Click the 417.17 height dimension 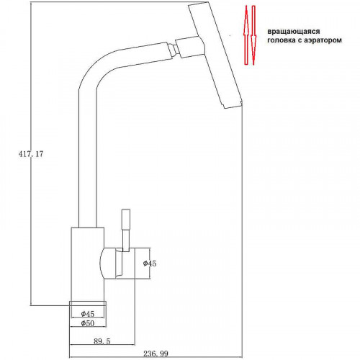click(x=31, y=154)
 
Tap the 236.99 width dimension click(x=156, y=354)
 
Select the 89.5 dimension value click(x=102, y=341)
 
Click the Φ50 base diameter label click(x=88, y=323)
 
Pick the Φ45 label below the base click(x=88, y=314)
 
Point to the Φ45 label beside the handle click(x=150, y=264)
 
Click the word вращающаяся click(x=294, y=32)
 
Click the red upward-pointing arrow click(x=246, y=35)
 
